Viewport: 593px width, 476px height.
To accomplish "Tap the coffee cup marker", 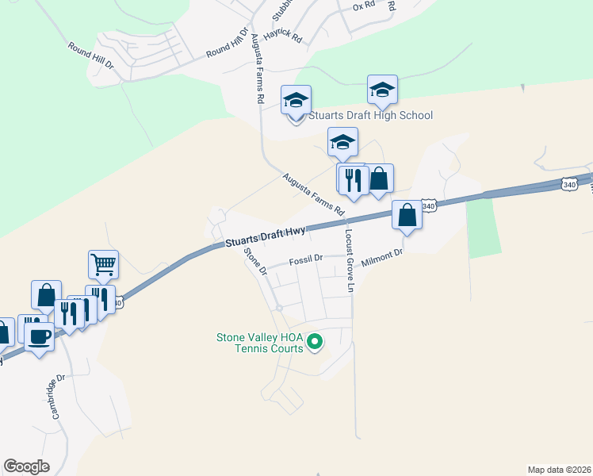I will [x=38, y=337].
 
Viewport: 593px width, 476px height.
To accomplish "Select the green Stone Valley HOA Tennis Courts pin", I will [x=315, y=342].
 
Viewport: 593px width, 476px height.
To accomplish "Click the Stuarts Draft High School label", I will [x=370, y=115].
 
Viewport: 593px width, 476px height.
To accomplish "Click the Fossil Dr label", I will [x=305, y=259].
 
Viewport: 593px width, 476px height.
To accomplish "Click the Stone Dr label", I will [x=256, y=261].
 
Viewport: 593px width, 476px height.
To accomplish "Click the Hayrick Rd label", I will [x=285, y=37].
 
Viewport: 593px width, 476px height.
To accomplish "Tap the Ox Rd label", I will [x=363, y=6].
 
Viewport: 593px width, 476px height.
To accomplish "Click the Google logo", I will [x=26, y=466].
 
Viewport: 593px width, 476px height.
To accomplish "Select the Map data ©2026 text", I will [x=559, y=469].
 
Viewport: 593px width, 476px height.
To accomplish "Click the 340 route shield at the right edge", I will [x=568, y=184].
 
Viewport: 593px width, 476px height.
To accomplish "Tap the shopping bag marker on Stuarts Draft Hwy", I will [x=407, y=216].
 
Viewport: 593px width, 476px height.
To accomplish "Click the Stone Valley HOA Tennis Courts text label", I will [x=260, y=342].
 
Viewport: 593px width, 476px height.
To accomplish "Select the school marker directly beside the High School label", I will [x=296, y=102].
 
